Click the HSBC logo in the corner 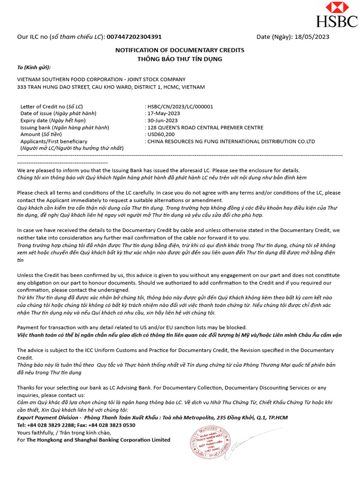337,15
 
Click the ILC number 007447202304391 135,37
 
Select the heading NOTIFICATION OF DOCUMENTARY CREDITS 180,50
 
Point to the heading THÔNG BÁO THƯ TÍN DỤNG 180,59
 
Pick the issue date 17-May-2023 163,113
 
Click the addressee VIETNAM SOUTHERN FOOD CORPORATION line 101,80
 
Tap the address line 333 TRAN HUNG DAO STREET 111,87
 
